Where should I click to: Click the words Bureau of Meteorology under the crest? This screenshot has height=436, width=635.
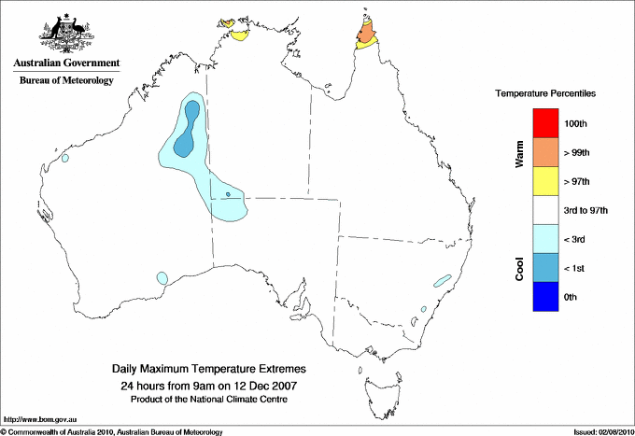pos(66,80)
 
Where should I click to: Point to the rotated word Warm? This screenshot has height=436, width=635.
pos(520,153)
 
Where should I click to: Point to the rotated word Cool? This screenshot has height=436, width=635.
pos(520,269)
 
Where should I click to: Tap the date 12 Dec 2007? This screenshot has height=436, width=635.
pos(259,385)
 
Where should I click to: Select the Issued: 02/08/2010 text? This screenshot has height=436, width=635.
pos(600,431)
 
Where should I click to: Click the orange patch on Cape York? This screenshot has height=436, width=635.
pos(366,35)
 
